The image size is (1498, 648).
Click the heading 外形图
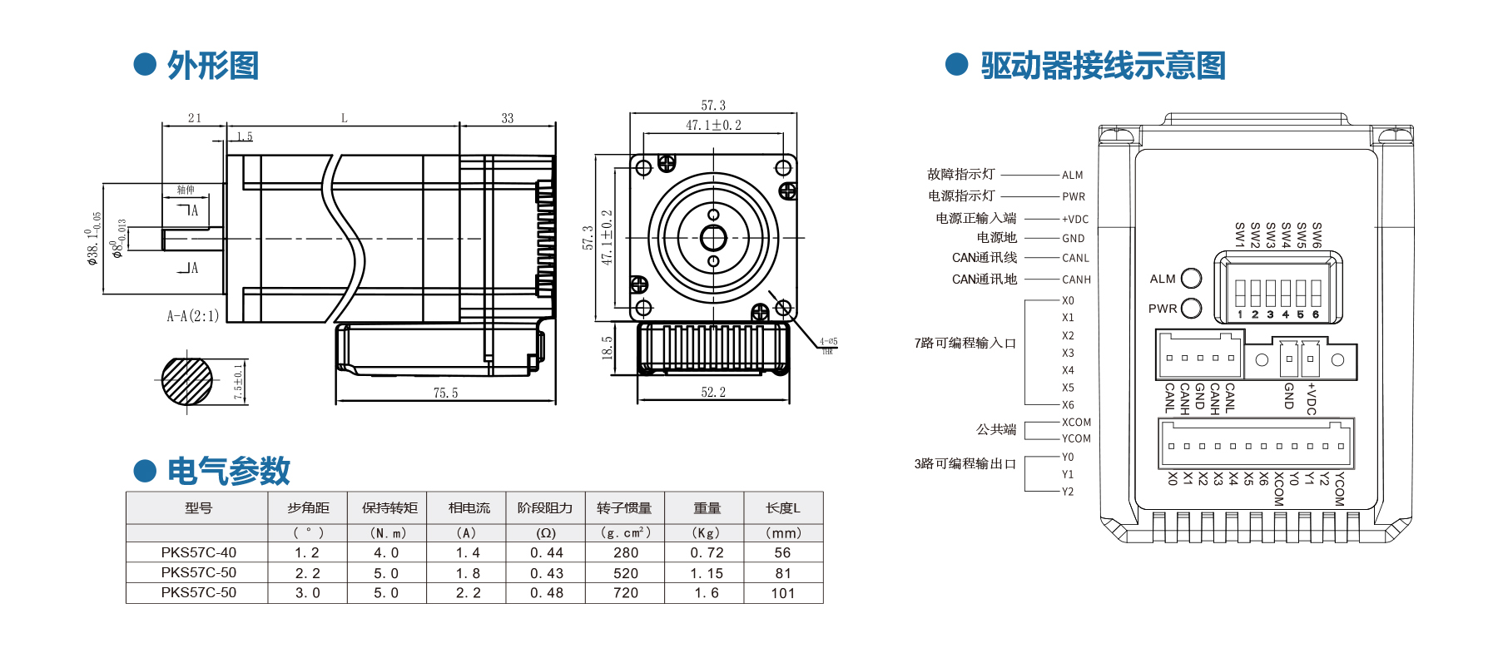(213, 66)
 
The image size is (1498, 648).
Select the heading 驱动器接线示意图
(1103, 66)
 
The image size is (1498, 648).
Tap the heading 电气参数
(228, 471)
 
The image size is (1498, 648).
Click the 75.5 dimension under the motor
(445, 393)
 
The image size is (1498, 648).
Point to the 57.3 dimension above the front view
(713, 106)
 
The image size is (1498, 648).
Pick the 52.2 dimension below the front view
(713, 392)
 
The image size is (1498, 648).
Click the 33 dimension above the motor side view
(508, 118)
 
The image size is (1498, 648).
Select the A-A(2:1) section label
(193, 316)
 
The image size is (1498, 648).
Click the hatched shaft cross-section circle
(187, 381)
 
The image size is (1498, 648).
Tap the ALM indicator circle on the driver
(1192, 278)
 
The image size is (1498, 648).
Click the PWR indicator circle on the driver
(1192, 309)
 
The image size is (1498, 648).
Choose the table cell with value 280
(626, 552)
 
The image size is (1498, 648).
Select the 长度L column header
(783, 507)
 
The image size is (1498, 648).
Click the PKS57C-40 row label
(199, 552)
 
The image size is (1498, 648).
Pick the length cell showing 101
(783, 593)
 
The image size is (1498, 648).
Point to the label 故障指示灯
(961, 174)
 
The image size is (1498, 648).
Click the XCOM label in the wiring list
(1076, 423)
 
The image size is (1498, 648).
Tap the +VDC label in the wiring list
(1075, 220)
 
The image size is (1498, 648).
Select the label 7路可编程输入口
(965, 343)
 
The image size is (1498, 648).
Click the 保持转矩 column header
(389, 507)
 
